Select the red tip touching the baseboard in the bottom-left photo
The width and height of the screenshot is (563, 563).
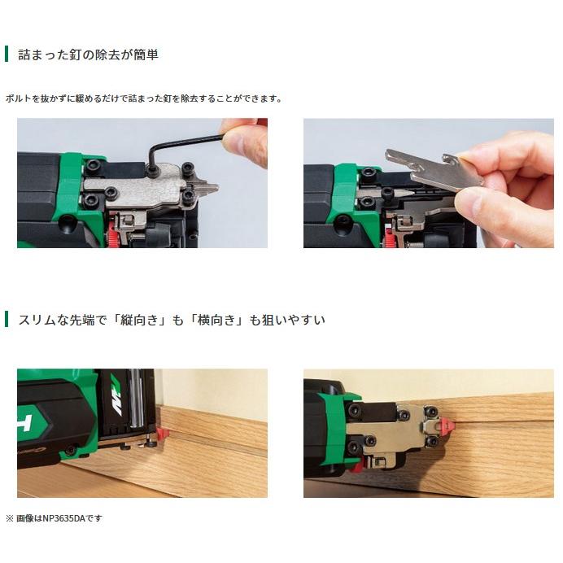coord(164,430)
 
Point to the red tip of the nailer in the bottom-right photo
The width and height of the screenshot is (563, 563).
coord(448,424)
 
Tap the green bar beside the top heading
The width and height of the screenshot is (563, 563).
coord(7,55)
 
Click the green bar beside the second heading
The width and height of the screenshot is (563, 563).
coord(7,320)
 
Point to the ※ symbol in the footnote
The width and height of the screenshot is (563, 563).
coord(10,518)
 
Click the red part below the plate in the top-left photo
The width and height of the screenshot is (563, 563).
coord(111,236)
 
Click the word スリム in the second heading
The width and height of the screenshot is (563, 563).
coord(37,320)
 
